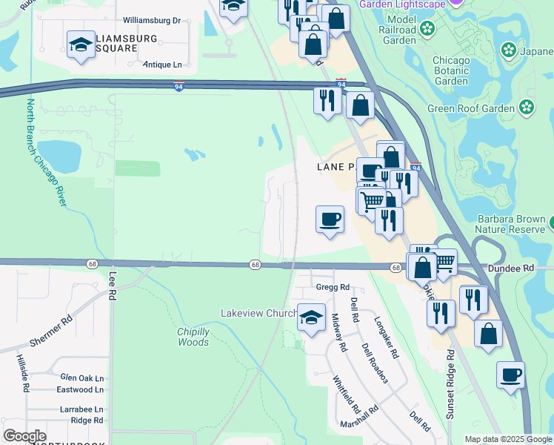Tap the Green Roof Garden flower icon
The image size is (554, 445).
click(527, 108)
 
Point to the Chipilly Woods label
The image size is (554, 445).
click(193, 337)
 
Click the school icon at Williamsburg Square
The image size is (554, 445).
click(81, 44)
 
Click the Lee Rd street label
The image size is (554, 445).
click(113, 285)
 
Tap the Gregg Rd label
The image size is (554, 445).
click(333, 287)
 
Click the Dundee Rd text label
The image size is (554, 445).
click(510, 268)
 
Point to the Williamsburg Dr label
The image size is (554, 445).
click(152, 20)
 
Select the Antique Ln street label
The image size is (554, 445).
click(162, 65)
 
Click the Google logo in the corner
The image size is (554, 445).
click(24, 436)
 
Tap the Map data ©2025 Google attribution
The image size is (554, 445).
click(507, 439)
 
